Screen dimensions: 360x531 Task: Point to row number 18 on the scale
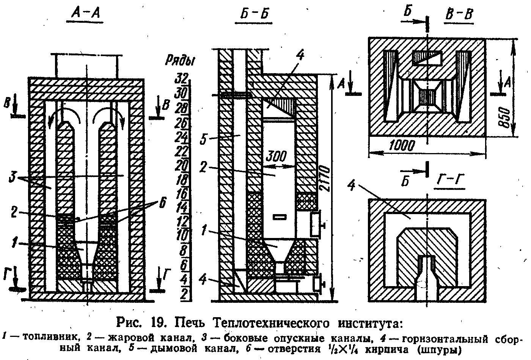(x=182, y=179)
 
